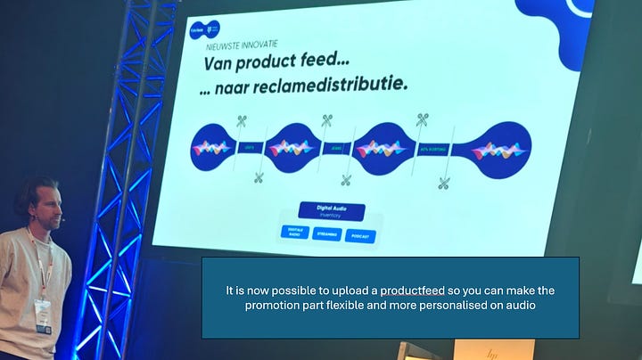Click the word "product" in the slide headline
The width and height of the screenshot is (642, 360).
click(x=264, y=65)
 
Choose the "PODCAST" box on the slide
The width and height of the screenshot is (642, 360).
click(x=360, y=237)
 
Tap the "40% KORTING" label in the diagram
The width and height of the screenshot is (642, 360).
click(x=432, y=150)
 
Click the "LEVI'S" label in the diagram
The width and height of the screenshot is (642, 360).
click(x=248, y=149)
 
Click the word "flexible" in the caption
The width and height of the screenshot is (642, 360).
click(x=380, y=306)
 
